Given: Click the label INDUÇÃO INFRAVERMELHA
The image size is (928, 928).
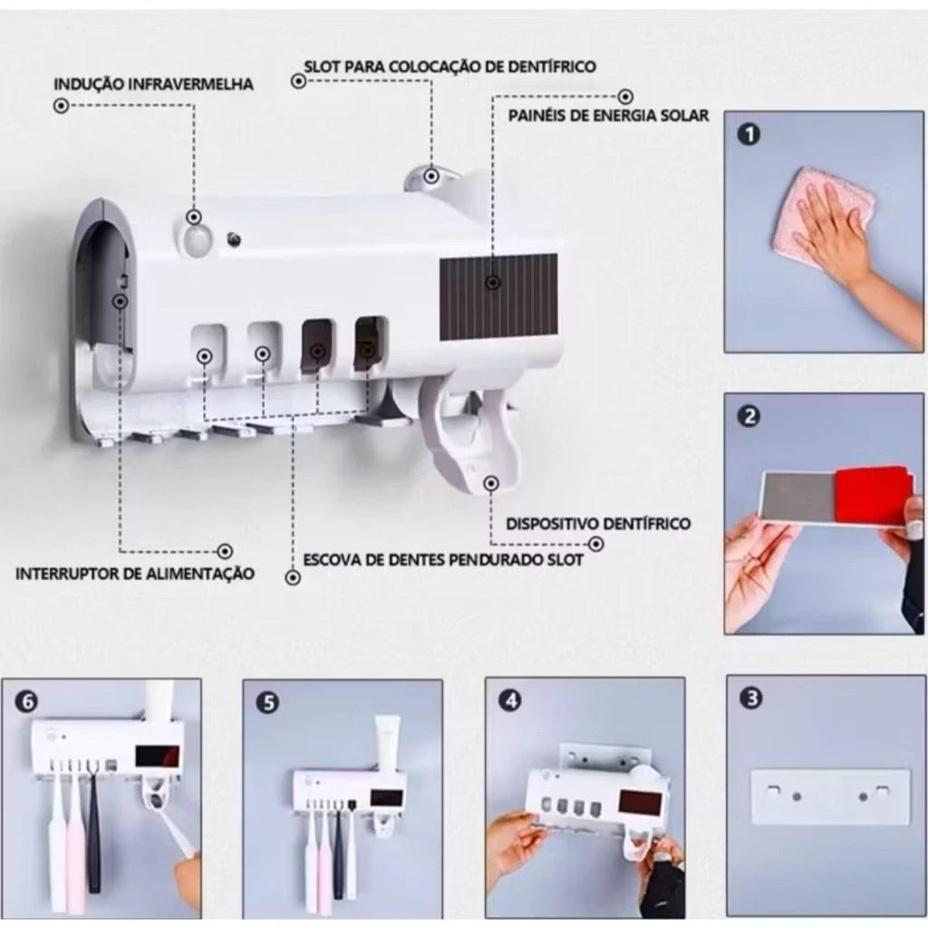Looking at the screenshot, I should tap(154, 84).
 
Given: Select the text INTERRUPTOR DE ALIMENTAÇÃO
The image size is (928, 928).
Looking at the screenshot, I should tap(135, 573).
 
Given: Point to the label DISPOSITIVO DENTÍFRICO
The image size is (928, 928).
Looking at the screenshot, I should tap(598, 523).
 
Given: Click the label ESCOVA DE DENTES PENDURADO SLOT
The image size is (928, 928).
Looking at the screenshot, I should tap(444, 559).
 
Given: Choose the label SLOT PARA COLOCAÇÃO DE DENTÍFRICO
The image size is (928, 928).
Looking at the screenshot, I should tap(449, 66).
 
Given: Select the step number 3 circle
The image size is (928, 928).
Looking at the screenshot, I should tap(751, 699).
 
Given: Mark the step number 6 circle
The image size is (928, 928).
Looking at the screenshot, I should tap(26, 701).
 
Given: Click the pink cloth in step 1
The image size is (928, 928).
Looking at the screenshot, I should tap(823, 220).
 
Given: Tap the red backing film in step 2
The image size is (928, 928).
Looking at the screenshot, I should tap(871, 496).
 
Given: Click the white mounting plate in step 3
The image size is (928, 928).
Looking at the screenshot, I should tap(830, 796).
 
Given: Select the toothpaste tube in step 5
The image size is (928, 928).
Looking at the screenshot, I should tap(387, 742).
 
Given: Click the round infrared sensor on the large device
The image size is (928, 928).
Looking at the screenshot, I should tap(196, 239).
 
